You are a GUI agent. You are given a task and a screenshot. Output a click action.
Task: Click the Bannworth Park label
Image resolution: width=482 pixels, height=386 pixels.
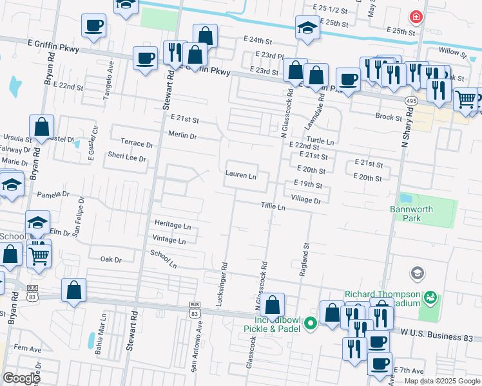coord(413,214)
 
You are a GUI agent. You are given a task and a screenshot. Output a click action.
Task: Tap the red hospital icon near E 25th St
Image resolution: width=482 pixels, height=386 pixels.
coord(416,17)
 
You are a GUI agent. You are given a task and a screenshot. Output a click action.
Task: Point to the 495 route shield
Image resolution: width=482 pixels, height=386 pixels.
coord(410,101)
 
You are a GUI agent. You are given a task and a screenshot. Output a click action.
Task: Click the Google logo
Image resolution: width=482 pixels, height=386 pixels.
coord(21,378)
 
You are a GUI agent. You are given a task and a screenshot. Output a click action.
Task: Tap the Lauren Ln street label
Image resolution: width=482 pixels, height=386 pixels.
coord(241,175)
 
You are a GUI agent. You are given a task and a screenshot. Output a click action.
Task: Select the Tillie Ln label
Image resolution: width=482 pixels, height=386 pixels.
coord(273,207)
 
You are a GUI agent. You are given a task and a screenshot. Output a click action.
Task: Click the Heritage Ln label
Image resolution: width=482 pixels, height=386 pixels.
coord(173,226)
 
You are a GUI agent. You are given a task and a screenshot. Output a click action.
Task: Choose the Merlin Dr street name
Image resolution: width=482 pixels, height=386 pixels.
coord(182,136)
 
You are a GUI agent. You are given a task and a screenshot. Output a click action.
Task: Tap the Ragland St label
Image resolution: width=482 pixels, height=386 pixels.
coord(304,259)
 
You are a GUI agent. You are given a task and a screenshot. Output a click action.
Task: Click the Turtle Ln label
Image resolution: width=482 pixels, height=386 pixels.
coord(320,142)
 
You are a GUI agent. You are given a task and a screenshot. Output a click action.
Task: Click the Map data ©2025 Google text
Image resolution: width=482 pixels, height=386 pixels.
coord(443,381)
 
